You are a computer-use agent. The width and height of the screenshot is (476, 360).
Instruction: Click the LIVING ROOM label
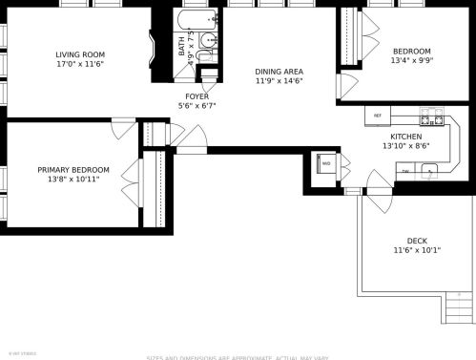pos(79,55)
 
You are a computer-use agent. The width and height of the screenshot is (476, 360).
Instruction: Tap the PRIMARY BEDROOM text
pos(73,169)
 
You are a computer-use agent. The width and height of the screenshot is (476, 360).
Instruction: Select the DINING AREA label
pos(279,72)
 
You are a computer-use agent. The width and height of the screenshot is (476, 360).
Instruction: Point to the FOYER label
pos(197,96)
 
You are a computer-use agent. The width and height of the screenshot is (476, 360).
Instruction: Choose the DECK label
pos(417,241)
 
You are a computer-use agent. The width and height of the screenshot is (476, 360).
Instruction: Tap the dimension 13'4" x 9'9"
pos(412,61)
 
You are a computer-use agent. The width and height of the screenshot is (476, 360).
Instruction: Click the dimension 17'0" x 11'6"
pos(79,65)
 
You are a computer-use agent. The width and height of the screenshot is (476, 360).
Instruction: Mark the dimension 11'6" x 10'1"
pos(417,250)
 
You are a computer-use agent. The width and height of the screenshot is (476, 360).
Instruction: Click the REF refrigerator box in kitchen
pos(378,116)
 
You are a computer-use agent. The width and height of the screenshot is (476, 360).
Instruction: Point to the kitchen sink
pos(431,172)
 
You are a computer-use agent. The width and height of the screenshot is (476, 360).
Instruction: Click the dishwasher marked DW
pos(406,171)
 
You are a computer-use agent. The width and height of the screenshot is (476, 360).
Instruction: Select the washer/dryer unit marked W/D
pos(326,163)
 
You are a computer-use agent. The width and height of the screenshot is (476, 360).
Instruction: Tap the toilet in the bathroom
pos(212,43)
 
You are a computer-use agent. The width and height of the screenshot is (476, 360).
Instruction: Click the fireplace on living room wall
pos(152,50)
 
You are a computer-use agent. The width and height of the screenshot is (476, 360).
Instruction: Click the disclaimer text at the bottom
pos(238,357)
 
